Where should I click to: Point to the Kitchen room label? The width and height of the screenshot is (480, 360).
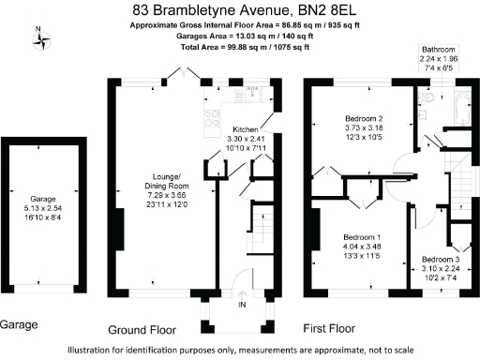(245, 129)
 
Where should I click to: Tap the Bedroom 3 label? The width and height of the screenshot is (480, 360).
(441, 258)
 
